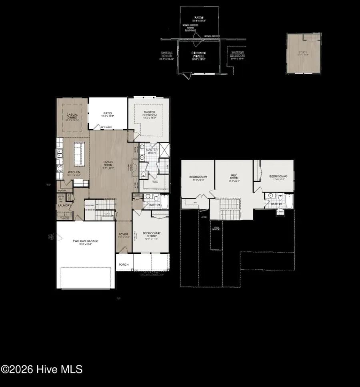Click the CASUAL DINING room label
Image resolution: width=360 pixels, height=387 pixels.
72,116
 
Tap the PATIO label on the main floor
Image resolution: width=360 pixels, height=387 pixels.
107,113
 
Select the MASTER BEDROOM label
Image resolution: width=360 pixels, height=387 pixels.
150,114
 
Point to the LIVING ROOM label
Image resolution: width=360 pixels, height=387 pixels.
108,164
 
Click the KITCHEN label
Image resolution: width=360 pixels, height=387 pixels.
74,172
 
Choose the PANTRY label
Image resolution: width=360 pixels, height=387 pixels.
62,191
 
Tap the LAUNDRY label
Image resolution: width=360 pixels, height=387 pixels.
65,206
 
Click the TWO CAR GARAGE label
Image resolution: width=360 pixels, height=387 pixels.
85,241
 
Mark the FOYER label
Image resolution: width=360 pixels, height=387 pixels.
123,235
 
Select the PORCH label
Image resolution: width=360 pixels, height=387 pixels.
124,264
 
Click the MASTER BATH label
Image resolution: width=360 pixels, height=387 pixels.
152,151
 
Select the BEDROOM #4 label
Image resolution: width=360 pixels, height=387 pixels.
198,176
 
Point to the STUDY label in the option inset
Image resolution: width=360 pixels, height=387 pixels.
303,52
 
